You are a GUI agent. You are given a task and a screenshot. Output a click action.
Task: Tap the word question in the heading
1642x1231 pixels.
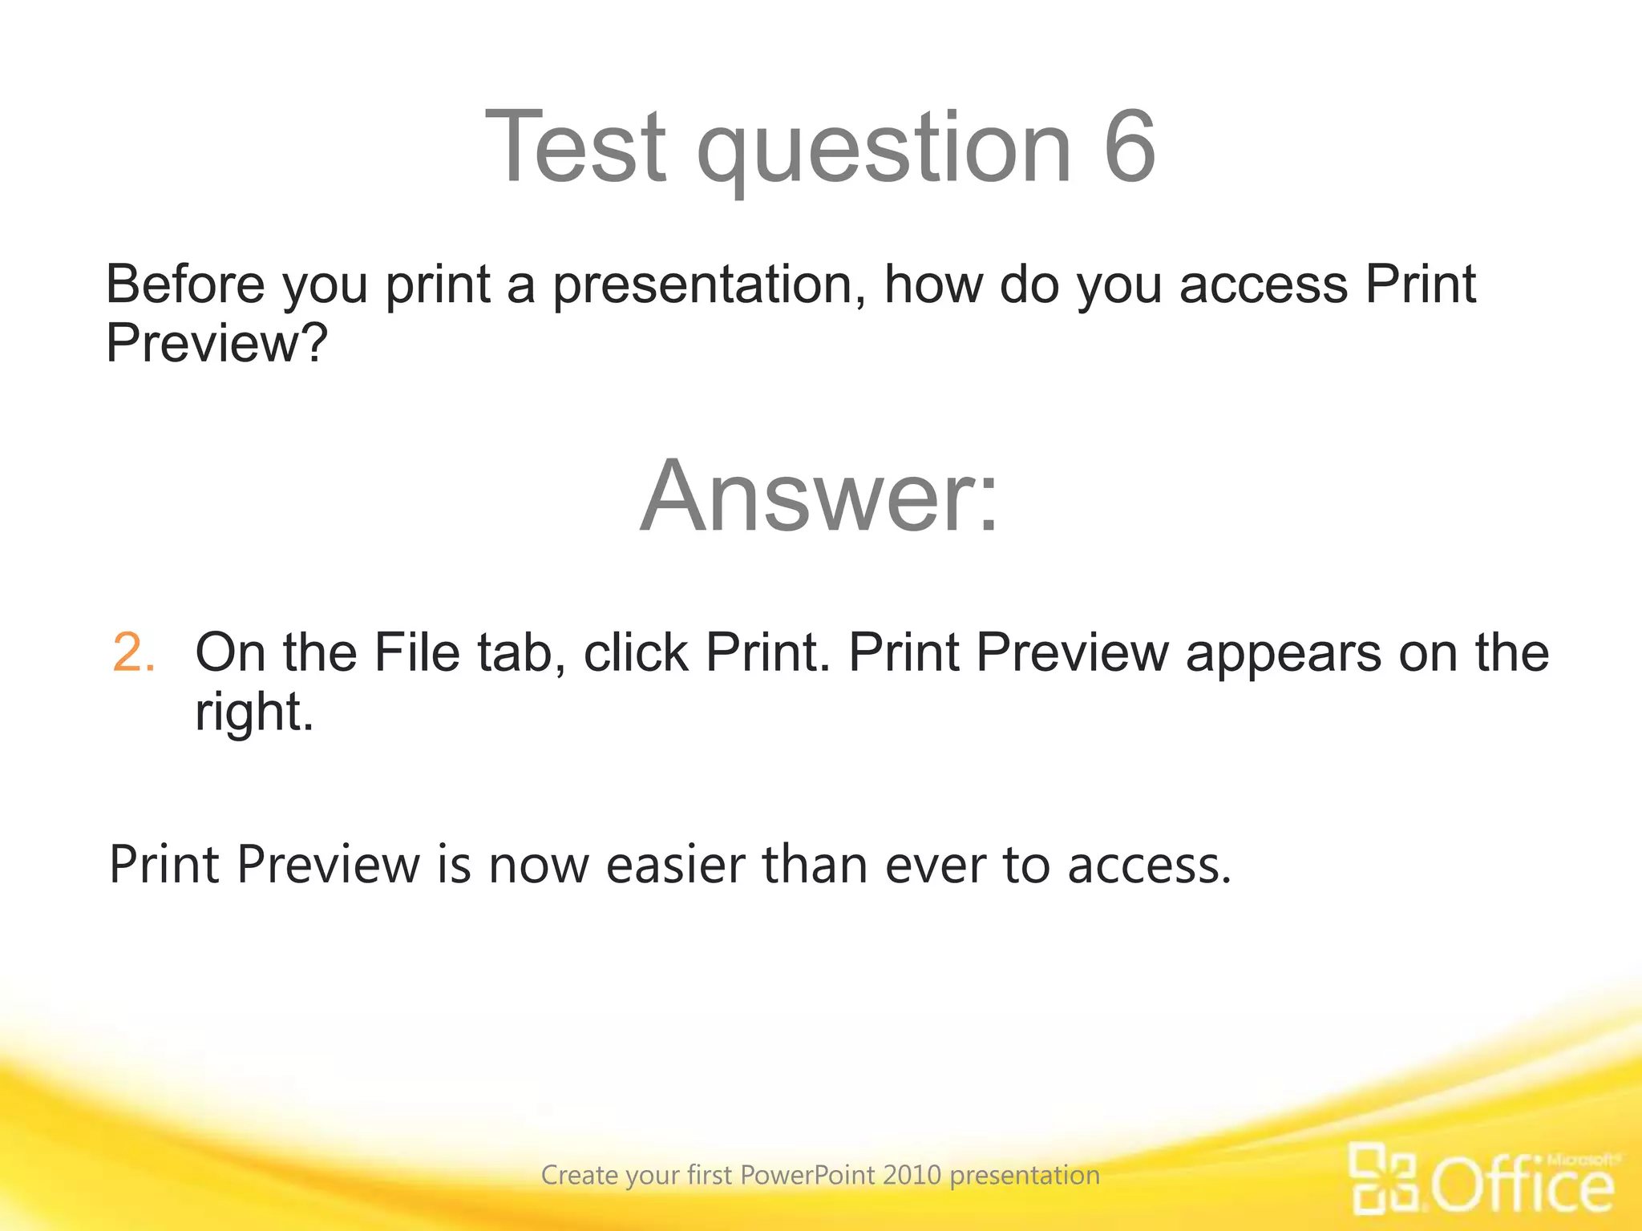884,152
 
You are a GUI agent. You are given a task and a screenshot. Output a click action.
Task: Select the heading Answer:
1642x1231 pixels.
819,496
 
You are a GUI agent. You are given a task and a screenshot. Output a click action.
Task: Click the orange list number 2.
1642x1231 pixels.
133,652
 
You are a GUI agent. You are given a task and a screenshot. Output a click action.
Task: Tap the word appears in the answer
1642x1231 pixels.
1283,654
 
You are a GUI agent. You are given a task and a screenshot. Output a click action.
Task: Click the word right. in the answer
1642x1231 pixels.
254,713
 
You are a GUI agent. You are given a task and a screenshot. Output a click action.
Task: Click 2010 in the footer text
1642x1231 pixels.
912,1176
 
